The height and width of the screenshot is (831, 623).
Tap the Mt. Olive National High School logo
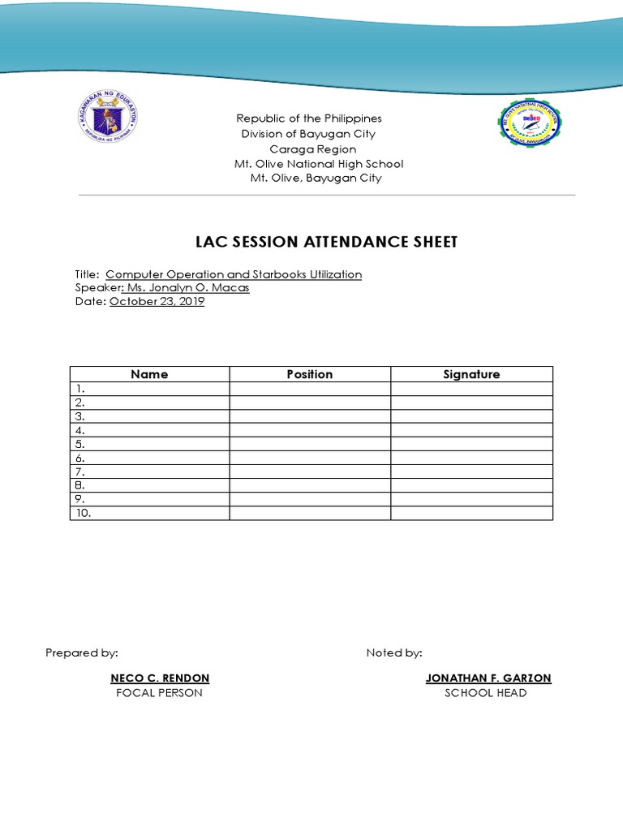[x=531, y=124]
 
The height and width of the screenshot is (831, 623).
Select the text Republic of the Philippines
[x=308, y=119]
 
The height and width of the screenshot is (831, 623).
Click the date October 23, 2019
[x=157, y=301]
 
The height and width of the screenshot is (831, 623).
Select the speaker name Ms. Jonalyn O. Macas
[x=187, y=288]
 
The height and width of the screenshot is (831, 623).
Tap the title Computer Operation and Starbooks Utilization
[x=234, y=274]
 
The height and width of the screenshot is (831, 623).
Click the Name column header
[x=149, y=374]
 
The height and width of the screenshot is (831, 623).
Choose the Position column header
[x=309, y=374]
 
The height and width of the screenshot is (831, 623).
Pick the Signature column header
[x=471, y=374]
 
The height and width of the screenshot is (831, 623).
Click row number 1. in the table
[x=80, y=389]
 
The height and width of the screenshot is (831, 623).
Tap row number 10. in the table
[x=84, y=513]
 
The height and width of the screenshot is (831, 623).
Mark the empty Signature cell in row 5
[x=471, y=444]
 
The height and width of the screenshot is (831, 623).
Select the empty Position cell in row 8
[x=309, y=485]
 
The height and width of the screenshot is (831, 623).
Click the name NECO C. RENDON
[x=160, y=678]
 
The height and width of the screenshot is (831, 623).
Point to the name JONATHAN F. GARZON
[x=488, y=678]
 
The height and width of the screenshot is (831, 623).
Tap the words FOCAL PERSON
[x=160, y=693]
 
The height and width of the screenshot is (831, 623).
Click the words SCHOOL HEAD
[x=486, y=693]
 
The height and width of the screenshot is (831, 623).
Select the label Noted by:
[x=394, y=652]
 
